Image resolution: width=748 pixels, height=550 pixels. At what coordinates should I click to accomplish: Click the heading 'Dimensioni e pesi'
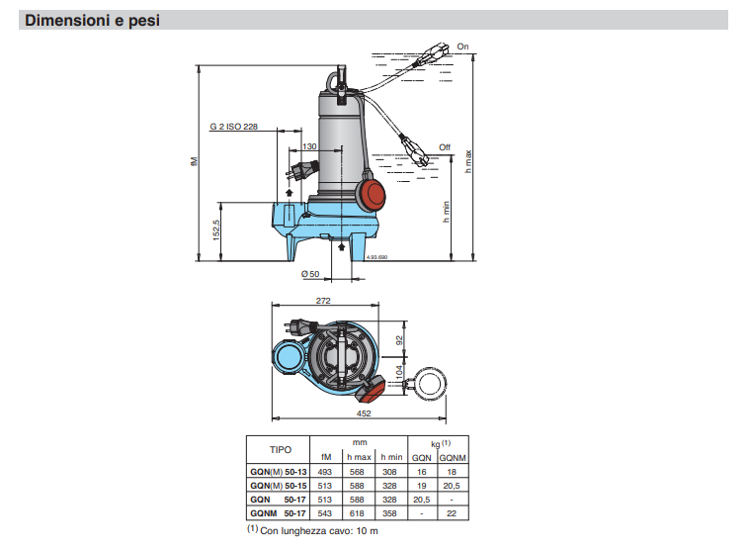click(x=92, y=21)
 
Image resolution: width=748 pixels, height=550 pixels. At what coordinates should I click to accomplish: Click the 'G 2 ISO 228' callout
click(x=234, y=127)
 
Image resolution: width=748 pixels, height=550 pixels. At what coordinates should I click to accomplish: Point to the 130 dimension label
click(x=309, y=146)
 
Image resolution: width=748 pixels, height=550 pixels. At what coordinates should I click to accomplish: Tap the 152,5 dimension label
click(x=216, y=229)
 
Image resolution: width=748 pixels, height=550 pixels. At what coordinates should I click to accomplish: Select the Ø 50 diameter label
click(x=310, y=274)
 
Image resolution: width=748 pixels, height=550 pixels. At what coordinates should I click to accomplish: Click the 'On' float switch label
click(x=462, y=46)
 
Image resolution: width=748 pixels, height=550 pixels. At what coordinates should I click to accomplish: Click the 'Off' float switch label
click(x=445, y=147)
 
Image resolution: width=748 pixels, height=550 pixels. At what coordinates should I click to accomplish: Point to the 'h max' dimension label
click(x=468, y=161)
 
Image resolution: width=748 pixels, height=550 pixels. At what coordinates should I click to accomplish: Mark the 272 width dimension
click(x=323, y=301)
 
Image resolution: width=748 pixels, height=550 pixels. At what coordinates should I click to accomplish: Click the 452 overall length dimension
click(x=364, y=413)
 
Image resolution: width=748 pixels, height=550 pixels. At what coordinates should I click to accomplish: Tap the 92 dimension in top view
click(x=399, y=340)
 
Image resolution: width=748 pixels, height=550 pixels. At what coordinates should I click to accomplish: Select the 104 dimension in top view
click(x=399, y=372)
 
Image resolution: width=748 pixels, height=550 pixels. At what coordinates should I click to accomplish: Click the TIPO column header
click(x=280, y=450)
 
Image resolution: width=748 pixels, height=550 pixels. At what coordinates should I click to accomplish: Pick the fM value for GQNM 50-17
click(x=324, y=513)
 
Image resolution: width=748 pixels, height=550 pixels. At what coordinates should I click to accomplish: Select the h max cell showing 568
click(x=357, y=472)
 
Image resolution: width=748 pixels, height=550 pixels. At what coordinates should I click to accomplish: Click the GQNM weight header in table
click(x=453, y=458)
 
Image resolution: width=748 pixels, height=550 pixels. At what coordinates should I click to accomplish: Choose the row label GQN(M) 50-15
click(x=279, y=486)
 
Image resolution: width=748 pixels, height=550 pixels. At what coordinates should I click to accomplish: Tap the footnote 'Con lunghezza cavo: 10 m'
click(x=318, y=531)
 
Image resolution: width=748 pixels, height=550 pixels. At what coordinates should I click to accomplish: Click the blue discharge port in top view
click(x=287, y=357)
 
